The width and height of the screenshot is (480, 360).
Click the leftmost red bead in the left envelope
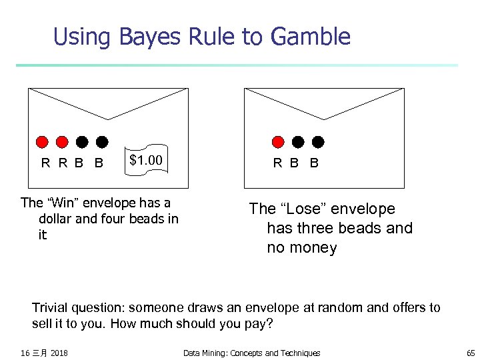pos(42,141)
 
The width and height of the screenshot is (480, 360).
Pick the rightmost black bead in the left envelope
pos(102,141)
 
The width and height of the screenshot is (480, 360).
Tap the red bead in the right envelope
pos(279,141)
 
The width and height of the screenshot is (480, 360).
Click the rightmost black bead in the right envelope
pos(318,141)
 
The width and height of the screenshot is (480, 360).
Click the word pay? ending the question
pos(260,323)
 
